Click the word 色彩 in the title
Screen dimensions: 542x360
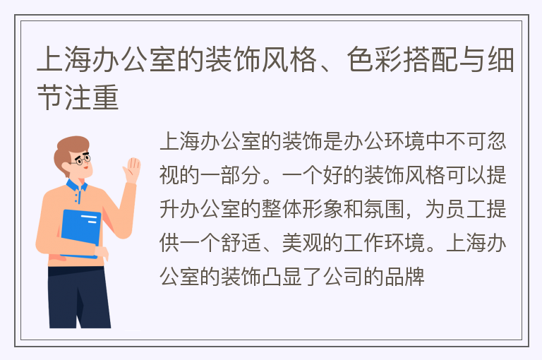coord(375,60)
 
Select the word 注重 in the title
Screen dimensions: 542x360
coord(92,97)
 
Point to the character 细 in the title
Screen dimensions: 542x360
coord(501,60)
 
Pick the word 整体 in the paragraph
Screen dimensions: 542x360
coord(282,209)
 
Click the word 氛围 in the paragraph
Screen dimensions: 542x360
coord(384,209)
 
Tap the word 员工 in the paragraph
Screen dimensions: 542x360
coord(466,209)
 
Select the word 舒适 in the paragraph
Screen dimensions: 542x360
coord(241,243)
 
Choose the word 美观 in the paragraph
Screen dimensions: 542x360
coord(302,243)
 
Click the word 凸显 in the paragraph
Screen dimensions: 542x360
coord(282,277)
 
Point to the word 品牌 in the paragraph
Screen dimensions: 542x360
coord(404,277)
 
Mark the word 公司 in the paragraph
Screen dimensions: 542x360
coord(343,277)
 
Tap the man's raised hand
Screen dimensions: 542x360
coord(132,170)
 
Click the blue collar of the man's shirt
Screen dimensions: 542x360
coord(76,188)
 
